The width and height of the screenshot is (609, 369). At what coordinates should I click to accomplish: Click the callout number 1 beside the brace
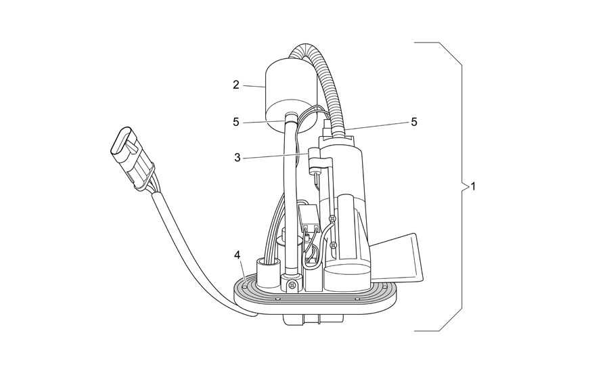473,186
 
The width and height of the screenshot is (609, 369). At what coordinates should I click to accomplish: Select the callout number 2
235,85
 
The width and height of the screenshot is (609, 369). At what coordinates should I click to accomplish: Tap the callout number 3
237,158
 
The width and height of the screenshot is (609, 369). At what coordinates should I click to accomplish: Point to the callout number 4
237,255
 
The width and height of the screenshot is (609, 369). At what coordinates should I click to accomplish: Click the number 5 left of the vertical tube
236,122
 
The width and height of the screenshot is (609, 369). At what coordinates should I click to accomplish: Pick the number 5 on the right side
414,122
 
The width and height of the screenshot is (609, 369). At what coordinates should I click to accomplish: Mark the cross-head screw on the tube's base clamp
291,286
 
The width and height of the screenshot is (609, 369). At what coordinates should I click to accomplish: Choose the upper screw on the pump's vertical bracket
332,220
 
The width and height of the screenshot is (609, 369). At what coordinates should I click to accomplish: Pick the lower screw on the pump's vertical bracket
332,244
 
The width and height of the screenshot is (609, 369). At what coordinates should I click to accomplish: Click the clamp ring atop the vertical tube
292,117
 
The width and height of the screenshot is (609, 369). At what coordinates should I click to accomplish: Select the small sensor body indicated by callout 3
315,160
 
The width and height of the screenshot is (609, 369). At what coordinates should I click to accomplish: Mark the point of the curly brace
464,187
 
